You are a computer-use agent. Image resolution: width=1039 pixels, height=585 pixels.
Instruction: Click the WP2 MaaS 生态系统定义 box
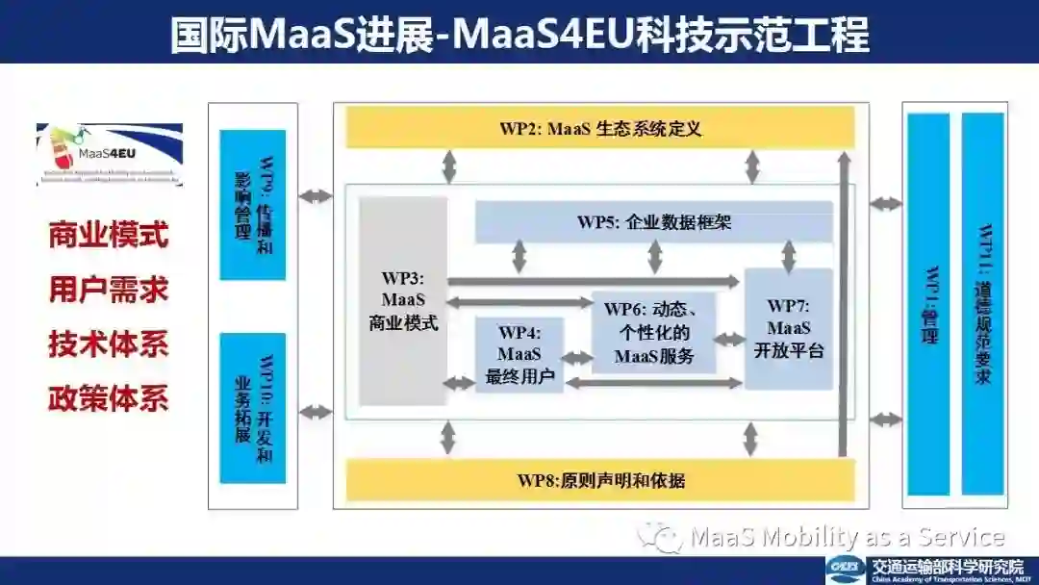[x=599, y=128]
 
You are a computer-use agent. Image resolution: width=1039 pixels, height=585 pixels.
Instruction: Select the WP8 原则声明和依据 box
[x=599, y=480]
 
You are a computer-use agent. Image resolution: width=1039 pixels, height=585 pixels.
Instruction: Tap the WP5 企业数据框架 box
[x=654, y=222]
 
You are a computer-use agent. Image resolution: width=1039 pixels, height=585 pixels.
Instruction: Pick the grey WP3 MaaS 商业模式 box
[x=403, y=301]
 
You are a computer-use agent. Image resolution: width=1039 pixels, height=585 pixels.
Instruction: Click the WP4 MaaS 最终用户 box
[x=519, y=355]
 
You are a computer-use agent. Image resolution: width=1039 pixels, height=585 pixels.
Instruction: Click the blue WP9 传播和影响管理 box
[x=253, y=205]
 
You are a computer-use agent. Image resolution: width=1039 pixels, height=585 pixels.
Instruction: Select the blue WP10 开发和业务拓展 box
[x=253, y=408]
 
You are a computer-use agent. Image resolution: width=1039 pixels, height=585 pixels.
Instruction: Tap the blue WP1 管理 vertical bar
[x=928, y=304]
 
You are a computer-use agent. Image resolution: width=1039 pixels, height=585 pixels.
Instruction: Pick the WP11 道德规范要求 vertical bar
[x=982, y=304]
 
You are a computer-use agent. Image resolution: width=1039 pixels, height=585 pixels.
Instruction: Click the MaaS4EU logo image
[x=109, y=154]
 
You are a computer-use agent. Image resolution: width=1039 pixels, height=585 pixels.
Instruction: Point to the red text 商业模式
[x=109, y=235]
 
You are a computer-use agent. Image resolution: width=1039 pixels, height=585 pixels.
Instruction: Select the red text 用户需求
[x=109, y=290]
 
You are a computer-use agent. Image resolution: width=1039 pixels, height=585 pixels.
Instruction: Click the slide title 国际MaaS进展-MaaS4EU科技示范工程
[x=519, y=34]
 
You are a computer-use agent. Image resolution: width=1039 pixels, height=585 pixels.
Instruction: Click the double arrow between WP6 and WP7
[x=730, y=339]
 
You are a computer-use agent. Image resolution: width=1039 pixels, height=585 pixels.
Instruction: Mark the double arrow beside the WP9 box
[x=316, y=197]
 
